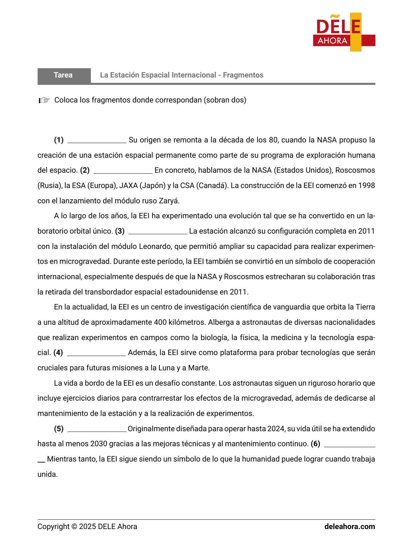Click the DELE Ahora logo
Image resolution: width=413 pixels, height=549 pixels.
coord(344,32)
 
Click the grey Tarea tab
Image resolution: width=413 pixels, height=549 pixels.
coord(64,75)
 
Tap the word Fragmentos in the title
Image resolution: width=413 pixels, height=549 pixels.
coord(243,75)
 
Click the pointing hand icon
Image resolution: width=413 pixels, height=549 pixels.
coord(44,100)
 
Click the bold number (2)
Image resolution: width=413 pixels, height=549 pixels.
coord(85,170)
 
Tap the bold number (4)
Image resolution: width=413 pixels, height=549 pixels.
coord(58,353)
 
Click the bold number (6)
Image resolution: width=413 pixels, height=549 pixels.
coord(315,444)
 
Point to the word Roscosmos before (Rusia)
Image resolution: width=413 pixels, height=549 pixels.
coord(355,170)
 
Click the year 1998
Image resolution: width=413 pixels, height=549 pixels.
coord(366,186)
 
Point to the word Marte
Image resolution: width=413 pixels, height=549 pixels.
coord(199,368)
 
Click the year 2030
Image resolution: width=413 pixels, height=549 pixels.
coord(99,444)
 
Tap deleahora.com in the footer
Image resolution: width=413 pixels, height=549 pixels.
coord(349,527)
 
